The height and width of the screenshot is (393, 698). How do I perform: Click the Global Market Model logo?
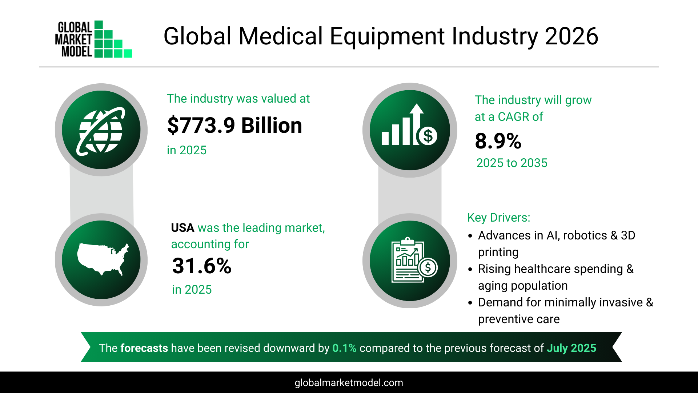click(93, 39)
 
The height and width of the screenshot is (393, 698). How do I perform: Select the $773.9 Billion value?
click(234, 126)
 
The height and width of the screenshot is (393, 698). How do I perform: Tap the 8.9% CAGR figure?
click(498, 141)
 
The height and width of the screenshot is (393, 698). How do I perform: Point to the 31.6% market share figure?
click(201, 266)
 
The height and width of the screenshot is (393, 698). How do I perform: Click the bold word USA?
click(182, 228)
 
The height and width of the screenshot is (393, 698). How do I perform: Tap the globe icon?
click(101, 130)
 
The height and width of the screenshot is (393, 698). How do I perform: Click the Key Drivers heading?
click(498, 218)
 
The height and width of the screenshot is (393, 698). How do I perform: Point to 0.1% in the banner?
click(344, 348)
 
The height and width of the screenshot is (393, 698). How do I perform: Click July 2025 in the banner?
click(571, 348)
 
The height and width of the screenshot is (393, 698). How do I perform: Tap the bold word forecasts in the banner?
click(144, 348)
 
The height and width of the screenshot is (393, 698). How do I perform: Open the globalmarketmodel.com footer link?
click(349, 383)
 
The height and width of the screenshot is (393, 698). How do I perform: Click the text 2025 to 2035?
click(512, 163)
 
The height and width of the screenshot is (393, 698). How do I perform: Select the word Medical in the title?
click(280, 36)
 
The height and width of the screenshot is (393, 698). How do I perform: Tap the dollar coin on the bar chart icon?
click(428, 136)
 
